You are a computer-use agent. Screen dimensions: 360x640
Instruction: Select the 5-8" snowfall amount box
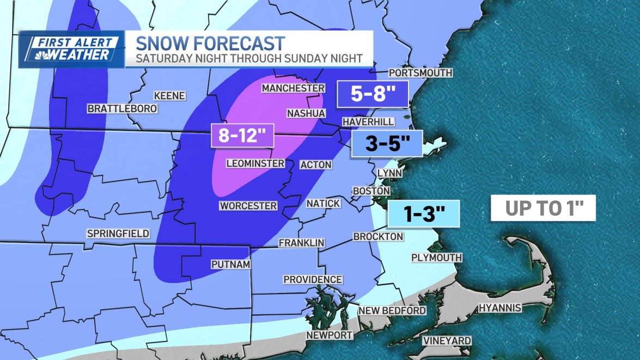[x=373, y=94]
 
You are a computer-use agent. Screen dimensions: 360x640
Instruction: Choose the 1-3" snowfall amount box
[x=423, y=214]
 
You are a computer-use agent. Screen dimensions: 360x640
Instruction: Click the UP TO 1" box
[x=543, y=208]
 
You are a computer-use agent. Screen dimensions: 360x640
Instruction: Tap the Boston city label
[x=371, y=191]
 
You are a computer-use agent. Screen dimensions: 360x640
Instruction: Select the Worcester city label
[x=248, y=206]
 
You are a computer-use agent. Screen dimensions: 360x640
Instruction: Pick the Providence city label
[x=313, y=279]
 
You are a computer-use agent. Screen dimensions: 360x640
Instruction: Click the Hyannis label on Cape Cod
[x=500, y=308]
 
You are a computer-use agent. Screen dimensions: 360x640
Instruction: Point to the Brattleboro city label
[x=122, y=109]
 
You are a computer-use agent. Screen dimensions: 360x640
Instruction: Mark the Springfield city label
[x=118, y=234]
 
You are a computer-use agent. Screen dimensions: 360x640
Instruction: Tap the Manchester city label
[x=293, y=88]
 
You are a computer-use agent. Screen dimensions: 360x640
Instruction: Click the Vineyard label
[x=447, y=341]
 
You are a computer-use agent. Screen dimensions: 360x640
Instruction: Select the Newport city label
[x=330, y=335]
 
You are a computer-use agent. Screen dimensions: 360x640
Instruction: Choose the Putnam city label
[x=230, y=265]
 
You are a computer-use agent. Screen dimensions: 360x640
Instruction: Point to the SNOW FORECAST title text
[x=210, y=43]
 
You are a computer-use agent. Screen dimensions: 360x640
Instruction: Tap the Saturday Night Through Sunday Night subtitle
[x=249, y=58]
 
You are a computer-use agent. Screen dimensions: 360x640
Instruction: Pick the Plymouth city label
[x=436, y=257]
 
